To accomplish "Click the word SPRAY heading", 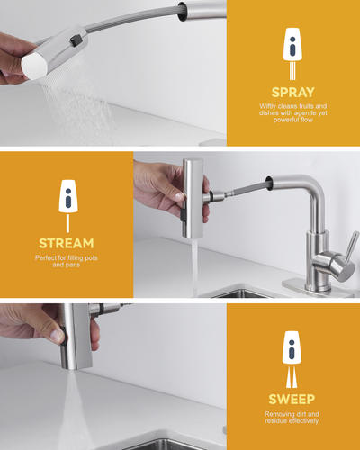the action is click(x=292, y=93).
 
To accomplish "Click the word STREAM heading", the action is click(x=67, y=243).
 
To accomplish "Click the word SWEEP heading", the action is click(x=292, y=399).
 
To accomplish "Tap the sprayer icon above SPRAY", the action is click(x=292, y=44).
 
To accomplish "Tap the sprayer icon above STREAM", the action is click(x=68, y=196).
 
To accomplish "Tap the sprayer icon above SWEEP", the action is click(x=292, y=347).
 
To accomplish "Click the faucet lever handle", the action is click(x=351, y=247).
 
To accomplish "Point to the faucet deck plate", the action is click(x=318, y=289).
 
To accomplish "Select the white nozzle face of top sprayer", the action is click(x=33, y=66).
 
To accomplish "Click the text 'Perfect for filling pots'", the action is click(x=66, y=257).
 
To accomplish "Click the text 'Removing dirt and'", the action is click(x=292, y=414).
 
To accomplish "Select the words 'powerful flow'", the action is click(x=292, y=120).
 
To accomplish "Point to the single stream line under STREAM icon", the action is click(x=67, y=223).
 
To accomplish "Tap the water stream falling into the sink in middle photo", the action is click(x=194, y=267).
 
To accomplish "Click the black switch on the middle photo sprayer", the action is click(x=183, y=212).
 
